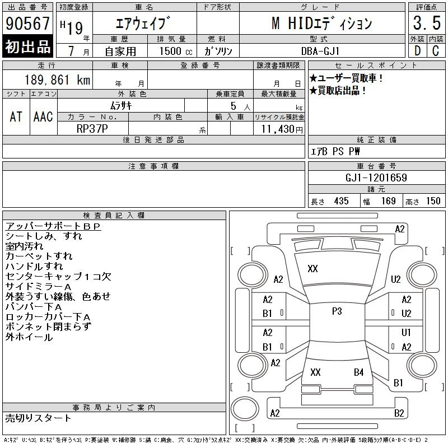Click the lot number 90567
coord(27,24)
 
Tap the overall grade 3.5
coord(427,23)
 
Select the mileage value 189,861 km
coord(58,80)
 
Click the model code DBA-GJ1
coord(320,51)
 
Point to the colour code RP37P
coord(92,129)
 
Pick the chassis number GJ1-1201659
coord(376,178)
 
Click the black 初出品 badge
coord(27,46)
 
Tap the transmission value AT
coord(16,116)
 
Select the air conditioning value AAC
coord(43,116)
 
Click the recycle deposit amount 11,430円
coord(282,129)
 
